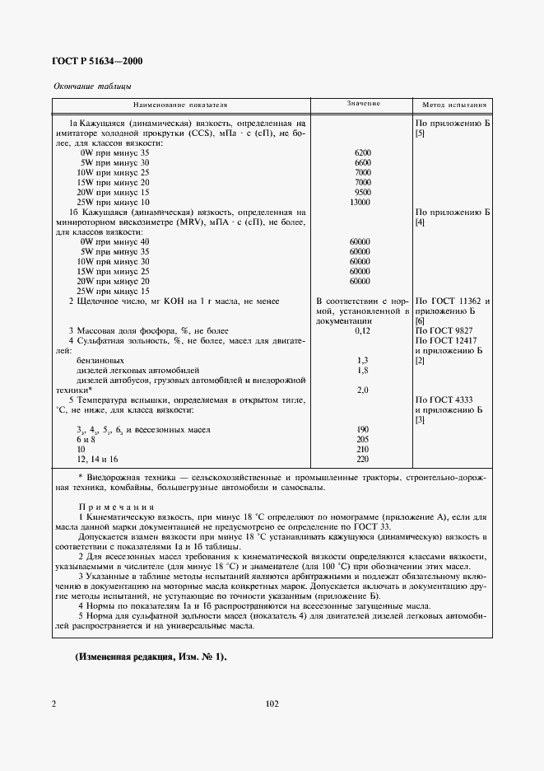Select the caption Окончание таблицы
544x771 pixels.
coord(91,86)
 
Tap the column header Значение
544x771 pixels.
coord(362,105)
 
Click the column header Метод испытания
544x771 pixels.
coord(454,105)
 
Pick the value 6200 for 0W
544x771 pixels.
coord(362,153)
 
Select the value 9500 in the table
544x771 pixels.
coord(362,193)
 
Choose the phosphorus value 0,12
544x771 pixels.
coord(362,330)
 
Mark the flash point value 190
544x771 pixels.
coord(362,430)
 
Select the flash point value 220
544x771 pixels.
coord(362,459)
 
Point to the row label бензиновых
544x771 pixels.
coord(101,361)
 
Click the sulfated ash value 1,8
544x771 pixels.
coord(362,371)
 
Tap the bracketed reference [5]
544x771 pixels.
coord(421,133)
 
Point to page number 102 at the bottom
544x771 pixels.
coord(272,703)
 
